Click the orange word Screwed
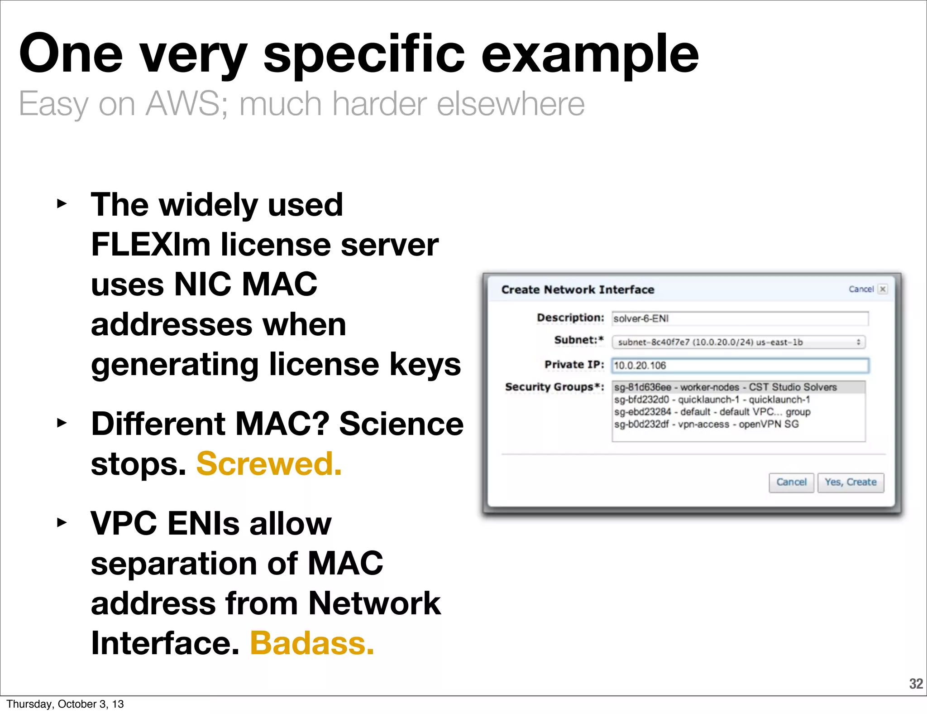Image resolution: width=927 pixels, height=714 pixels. click(269, 464)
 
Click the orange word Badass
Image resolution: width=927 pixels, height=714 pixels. click(312, 643)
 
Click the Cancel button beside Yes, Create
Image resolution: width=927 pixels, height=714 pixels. click(791, 482)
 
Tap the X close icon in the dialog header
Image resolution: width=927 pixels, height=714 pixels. click(883, 289)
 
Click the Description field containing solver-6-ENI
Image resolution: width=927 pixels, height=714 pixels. click(740, 318)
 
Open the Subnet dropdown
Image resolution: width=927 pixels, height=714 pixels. click(739, 342)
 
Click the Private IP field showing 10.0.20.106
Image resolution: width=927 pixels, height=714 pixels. click(740, 366)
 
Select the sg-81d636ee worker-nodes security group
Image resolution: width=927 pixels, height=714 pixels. click(725, 387)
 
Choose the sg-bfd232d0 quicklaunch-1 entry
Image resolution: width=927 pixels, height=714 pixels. click(712, 400)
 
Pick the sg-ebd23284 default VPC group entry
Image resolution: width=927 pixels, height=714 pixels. click(712, 412)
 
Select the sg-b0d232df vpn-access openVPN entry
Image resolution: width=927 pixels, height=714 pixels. click(706, 424)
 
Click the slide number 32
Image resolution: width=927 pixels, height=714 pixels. click(916, 684)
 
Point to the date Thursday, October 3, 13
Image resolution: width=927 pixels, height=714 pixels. click(65, 704)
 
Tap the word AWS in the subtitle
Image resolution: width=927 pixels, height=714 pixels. click(186, 104)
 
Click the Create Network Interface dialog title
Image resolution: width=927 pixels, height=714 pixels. click(578, 289)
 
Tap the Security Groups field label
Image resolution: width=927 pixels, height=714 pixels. click(554, 387)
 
